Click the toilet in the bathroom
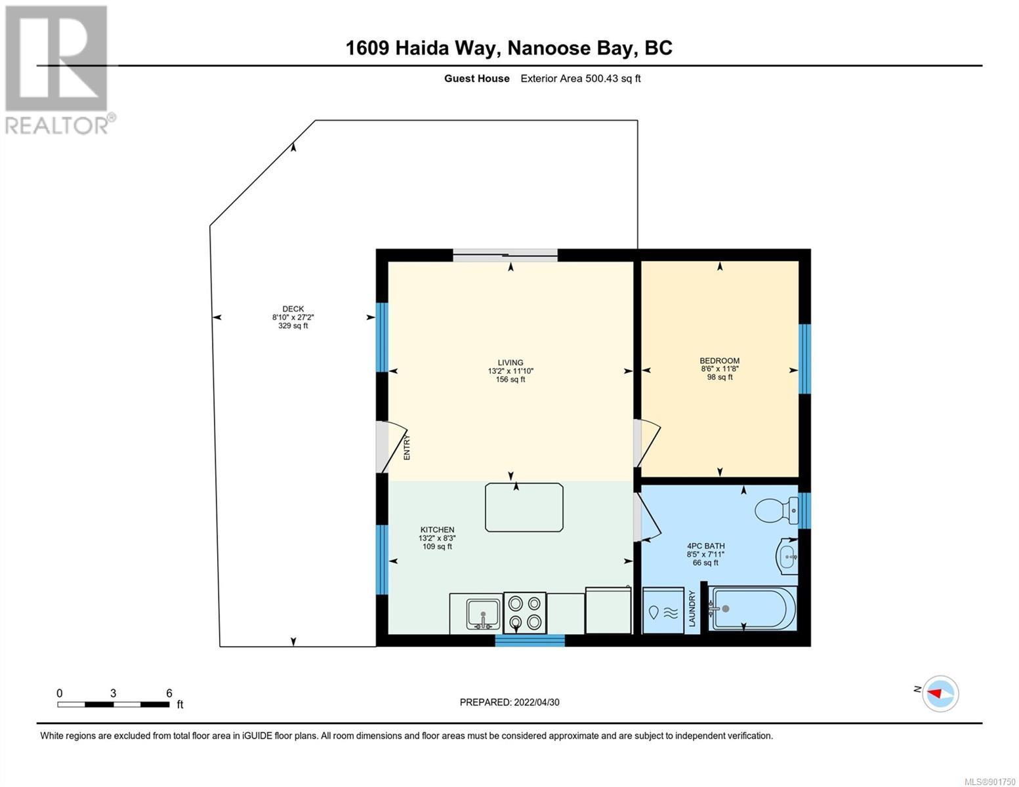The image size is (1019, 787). (x=776, y=511)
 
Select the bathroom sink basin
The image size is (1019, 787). (x=788, y=556)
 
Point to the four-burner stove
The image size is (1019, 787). (x=524, y=613)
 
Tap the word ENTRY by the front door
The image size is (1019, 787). (x=407, y=447)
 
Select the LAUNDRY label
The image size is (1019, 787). (x=692, y=609)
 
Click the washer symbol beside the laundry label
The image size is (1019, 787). (x=663, y=610)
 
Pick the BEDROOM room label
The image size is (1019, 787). (x=719, y=361)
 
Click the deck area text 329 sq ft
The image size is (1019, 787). (x=293, y=326)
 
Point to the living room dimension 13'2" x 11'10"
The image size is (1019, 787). (x=510, y=371)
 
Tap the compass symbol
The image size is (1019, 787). (x=940, y=693)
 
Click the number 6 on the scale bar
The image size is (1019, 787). (x=169, y=693)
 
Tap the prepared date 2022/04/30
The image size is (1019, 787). (x=537, y=702)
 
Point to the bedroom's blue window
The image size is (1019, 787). (x=804, y=359)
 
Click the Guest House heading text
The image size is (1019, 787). (x=476, y=79)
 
